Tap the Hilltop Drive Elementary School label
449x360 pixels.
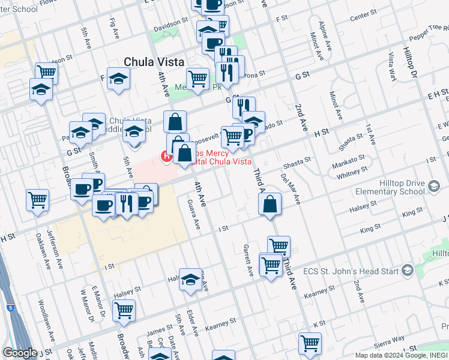tap(393, 188)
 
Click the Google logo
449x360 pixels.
tap(20, 353)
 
